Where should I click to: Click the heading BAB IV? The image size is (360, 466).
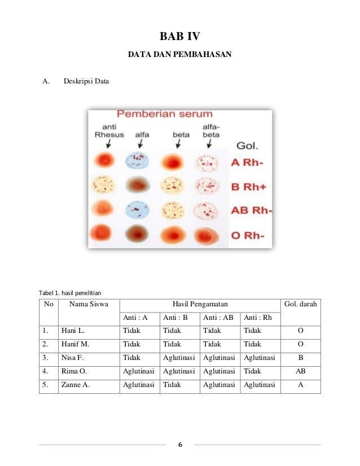click(179, 38)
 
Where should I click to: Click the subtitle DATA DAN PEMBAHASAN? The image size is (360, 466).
click(179, 56)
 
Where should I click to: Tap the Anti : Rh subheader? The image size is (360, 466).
click(258, 318)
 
